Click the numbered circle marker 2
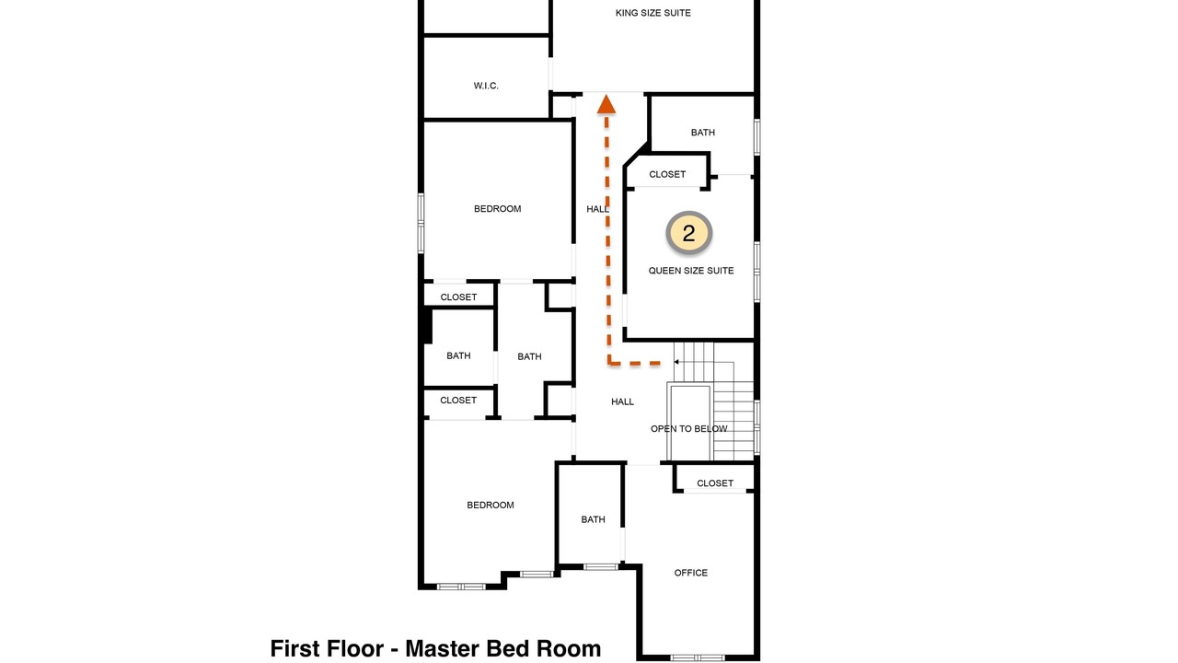point(689,233)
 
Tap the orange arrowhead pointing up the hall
point(606,104)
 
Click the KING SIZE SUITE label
point(653,13)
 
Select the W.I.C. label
point(486,86)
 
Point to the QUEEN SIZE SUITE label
point(691,271)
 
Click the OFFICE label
point(691,573)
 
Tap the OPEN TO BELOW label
point(689,429)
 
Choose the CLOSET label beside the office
point(715,483)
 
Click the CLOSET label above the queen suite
point(667,174)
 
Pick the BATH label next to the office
point(594,519)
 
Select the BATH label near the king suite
point(703,133)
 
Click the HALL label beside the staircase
point(623,401)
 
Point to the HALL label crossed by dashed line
point(598,209)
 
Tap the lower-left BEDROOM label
point(491,506)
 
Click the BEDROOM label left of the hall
point(498,209)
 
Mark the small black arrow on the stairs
point(676,362)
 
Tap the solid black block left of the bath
point(427,326)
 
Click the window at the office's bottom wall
point(698,657)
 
